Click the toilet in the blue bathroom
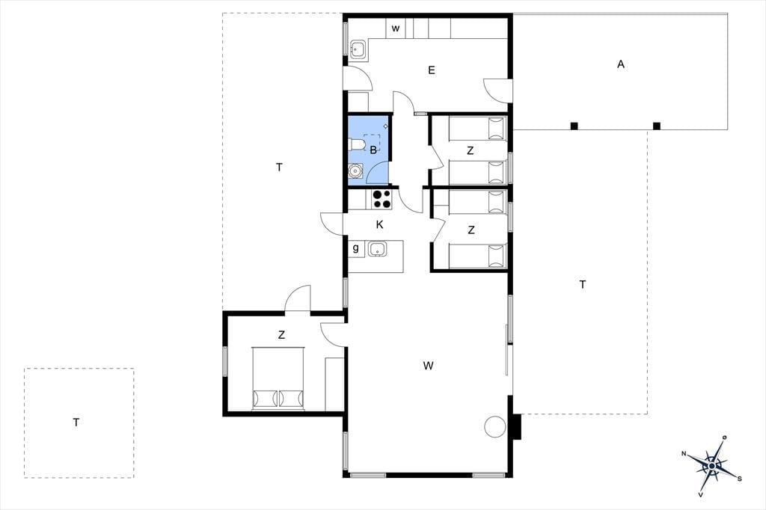356,144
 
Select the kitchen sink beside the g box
378,249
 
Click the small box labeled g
355,249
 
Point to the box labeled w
396,28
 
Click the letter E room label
432,70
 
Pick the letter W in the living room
429,366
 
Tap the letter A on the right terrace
621,64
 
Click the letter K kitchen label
379,224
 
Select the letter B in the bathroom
373,150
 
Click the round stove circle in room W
494,426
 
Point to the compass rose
712,466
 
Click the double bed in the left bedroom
278,378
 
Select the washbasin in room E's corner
358,49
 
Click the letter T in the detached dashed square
76,422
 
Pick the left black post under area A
574,126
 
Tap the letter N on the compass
684,455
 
